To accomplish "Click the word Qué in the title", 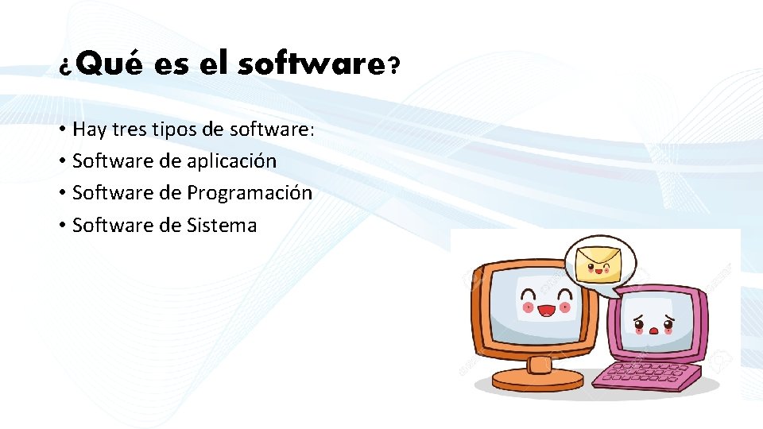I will tap(110, 64).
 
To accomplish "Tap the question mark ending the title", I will tap(392, 65).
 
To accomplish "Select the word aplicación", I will tap(231, 161).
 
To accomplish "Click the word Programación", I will tap(250, 193).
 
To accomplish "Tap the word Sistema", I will tap(222, 225).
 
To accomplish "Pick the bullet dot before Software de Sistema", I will tap(61, 226).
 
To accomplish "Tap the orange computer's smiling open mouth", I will tap(545, 310).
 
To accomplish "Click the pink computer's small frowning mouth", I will tap(654, 330).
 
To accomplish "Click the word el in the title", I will tap(213, 64).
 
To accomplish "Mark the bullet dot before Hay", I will tap(61, 129).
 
